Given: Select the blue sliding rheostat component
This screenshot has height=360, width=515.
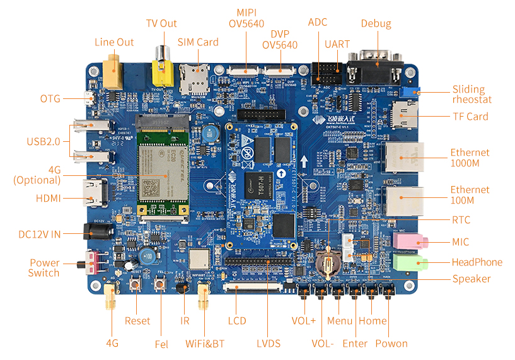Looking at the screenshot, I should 412,93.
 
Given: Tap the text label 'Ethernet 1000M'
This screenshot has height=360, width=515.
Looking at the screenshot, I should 470,158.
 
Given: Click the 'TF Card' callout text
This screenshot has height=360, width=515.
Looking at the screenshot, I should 470,117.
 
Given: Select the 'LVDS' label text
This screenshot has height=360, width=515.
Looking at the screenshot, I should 269,343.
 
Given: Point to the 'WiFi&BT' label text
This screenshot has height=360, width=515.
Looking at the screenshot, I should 205,344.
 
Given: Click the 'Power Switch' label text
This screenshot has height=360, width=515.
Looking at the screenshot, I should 44,268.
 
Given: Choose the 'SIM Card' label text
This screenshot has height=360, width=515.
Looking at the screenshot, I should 198,42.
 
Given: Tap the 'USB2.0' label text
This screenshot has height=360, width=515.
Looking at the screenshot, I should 43,141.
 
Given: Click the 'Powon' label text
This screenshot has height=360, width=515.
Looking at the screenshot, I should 391,343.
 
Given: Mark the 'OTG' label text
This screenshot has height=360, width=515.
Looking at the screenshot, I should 50,99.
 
